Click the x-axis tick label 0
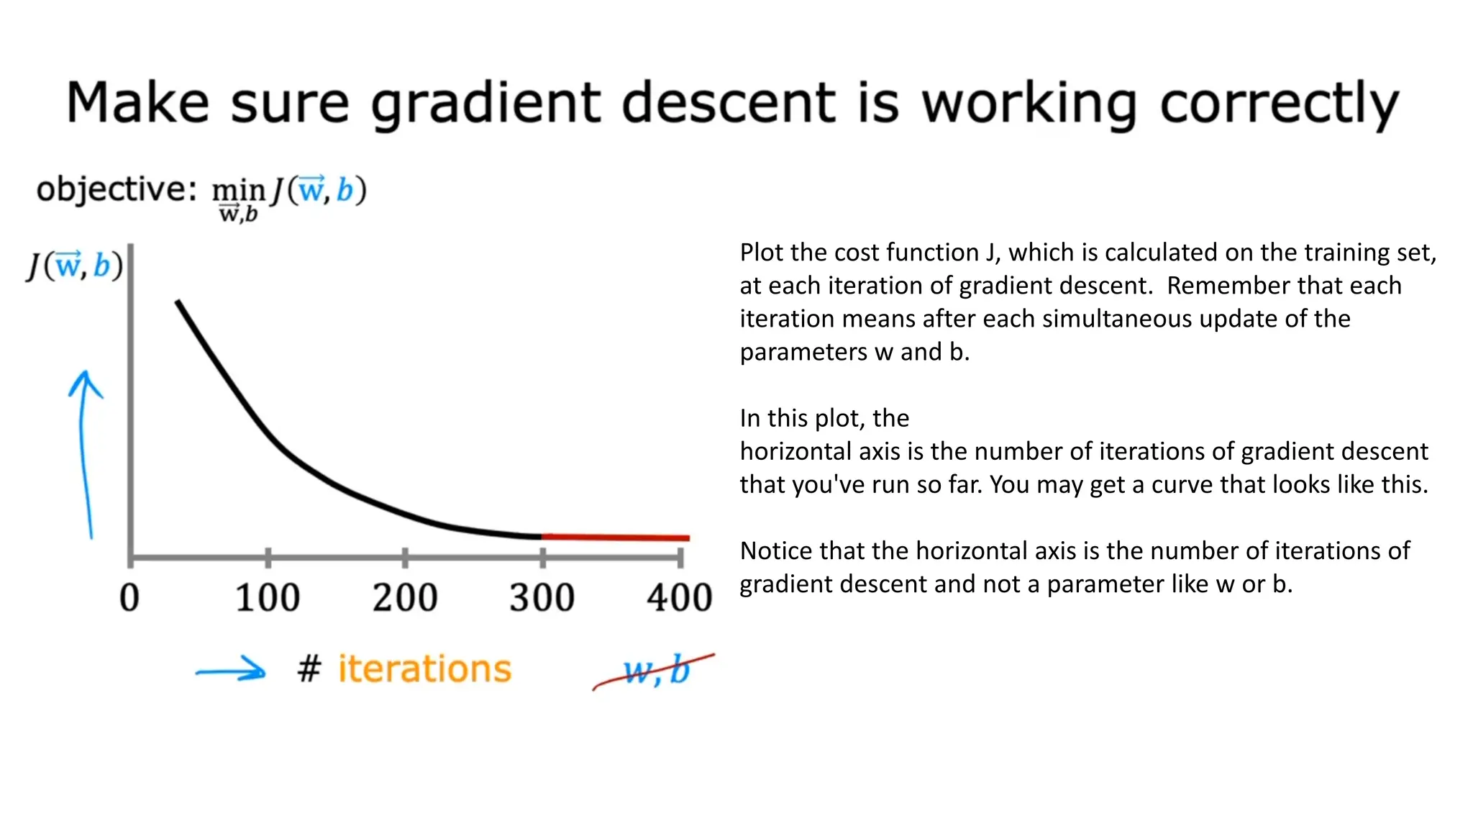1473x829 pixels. point(129,598)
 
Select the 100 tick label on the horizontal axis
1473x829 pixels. point(268,598)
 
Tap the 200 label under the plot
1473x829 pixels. point(405,598)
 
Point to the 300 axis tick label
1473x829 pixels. point(542,598)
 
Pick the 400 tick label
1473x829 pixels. point(679,598)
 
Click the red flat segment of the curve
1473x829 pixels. point(615,537)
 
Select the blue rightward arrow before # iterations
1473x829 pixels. point(231,671)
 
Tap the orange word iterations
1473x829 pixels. point(424,669)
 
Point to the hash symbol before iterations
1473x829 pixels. point(309,669)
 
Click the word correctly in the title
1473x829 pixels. point(1280,104)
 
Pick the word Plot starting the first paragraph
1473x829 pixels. point(763,253)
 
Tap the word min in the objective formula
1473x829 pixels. point(238,190)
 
